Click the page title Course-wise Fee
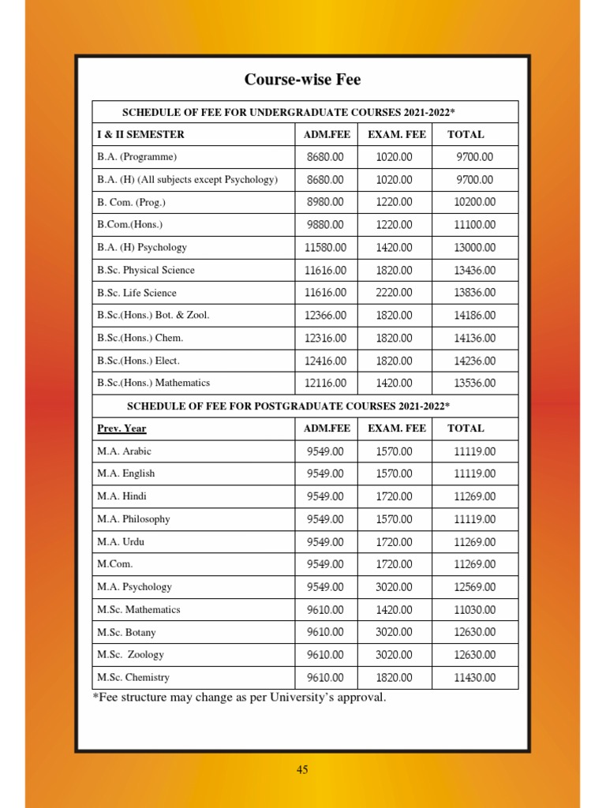tap(302, 80)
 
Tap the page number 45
tap(302, 770)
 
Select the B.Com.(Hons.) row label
tap(130, 225)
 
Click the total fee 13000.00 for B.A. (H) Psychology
tap(475, 248)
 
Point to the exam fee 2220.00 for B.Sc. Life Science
tap(394, 293)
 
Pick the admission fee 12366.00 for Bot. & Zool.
tap(325, 316)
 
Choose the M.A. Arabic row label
tap(125, 451)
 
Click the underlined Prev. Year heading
tap(122, 428)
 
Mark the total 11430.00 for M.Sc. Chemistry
tap(475, 678)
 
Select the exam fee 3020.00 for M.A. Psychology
tap(394, 587)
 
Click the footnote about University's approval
tap(239, 698)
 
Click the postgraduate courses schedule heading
tap(289, 406)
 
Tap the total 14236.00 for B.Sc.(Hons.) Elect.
tap(475, 361)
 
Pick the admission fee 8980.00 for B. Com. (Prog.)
tap(325, 203)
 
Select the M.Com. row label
tap(115, 564)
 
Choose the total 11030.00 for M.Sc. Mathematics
tap(475, 610)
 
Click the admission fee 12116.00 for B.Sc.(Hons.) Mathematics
tap(325, 383)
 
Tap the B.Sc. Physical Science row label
tap(146, 270)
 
